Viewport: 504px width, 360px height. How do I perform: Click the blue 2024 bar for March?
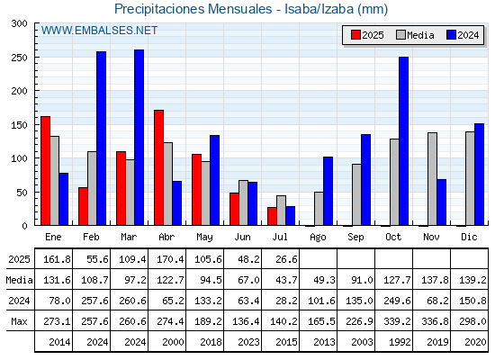point(139,138)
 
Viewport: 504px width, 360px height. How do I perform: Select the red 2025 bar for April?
point(158,167)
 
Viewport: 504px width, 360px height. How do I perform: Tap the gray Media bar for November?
point(432,179)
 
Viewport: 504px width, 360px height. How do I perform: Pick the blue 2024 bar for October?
point(404,141)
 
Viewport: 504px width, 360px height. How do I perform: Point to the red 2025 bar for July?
point(272,216)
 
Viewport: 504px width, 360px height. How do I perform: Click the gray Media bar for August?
point(319,209)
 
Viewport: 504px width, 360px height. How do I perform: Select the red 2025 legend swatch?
point(355,35)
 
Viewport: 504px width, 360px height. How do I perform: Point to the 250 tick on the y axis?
point(19,58)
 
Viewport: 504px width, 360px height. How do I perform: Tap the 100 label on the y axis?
point(19,158)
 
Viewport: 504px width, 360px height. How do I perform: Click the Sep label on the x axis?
point(355,237)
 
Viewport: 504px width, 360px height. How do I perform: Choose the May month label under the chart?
point(205,237)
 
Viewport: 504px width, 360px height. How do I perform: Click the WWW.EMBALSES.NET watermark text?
point(99,31)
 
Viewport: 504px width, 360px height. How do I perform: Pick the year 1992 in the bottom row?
point(400,342)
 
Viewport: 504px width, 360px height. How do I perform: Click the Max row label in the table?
point(19,321)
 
